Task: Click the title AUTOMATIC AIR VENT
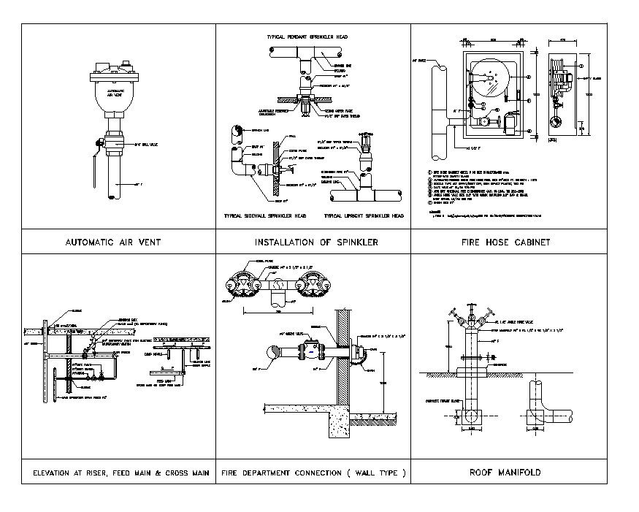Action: click(x=113, y=242)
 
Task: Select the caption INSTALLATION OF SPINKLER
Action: click(x=316, y=242)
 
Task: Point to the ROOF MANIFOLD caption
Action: click(x=505, y=473)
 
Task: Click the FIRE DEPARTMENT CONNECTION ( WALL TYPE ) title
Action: click(x=313, y=473)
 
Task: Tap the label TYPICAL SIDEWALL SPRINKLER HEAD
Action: click(x=264, y=217)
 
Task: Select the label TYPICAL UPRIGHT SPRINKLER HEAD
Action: click(x=364, y=217)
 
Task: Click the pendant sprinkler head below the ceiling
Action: click(x=307, y=108)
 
